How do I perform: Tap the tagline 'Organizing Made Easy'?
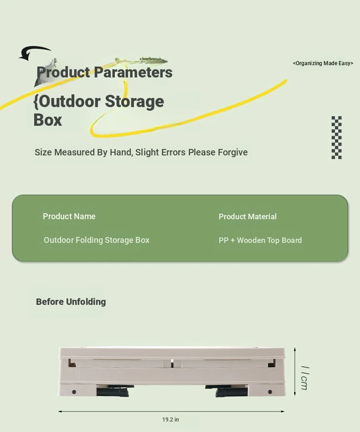pos(323,63)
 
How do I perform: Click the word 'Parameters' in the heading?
pos(133,72)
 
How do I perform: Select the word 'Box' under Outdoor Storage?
pos(48,120)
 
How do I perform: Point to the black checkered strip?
pos(337,138)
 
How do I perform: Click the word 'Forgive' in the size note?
pos(233,152)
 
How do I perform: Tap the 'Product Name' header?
pos(69,216)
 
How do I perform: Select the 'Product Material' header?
pos(247,216)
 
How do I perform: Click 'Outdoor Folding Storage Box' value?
pos(97,240)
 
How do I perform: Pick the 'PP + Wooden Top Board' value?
pos(260,240)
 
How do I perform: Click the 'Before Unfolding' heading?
pos(71,302)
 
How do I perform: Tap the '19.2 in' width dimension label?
pos(170,419)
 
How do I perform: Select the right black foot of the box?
pos(227,391)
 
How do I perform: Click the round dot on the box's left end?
pos(74,392)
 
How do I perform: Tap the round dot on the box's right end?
pos(270,392)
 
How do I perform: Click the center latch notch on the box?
pos(172,363)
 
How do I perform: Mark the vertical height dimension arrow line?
pos(295,372)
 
